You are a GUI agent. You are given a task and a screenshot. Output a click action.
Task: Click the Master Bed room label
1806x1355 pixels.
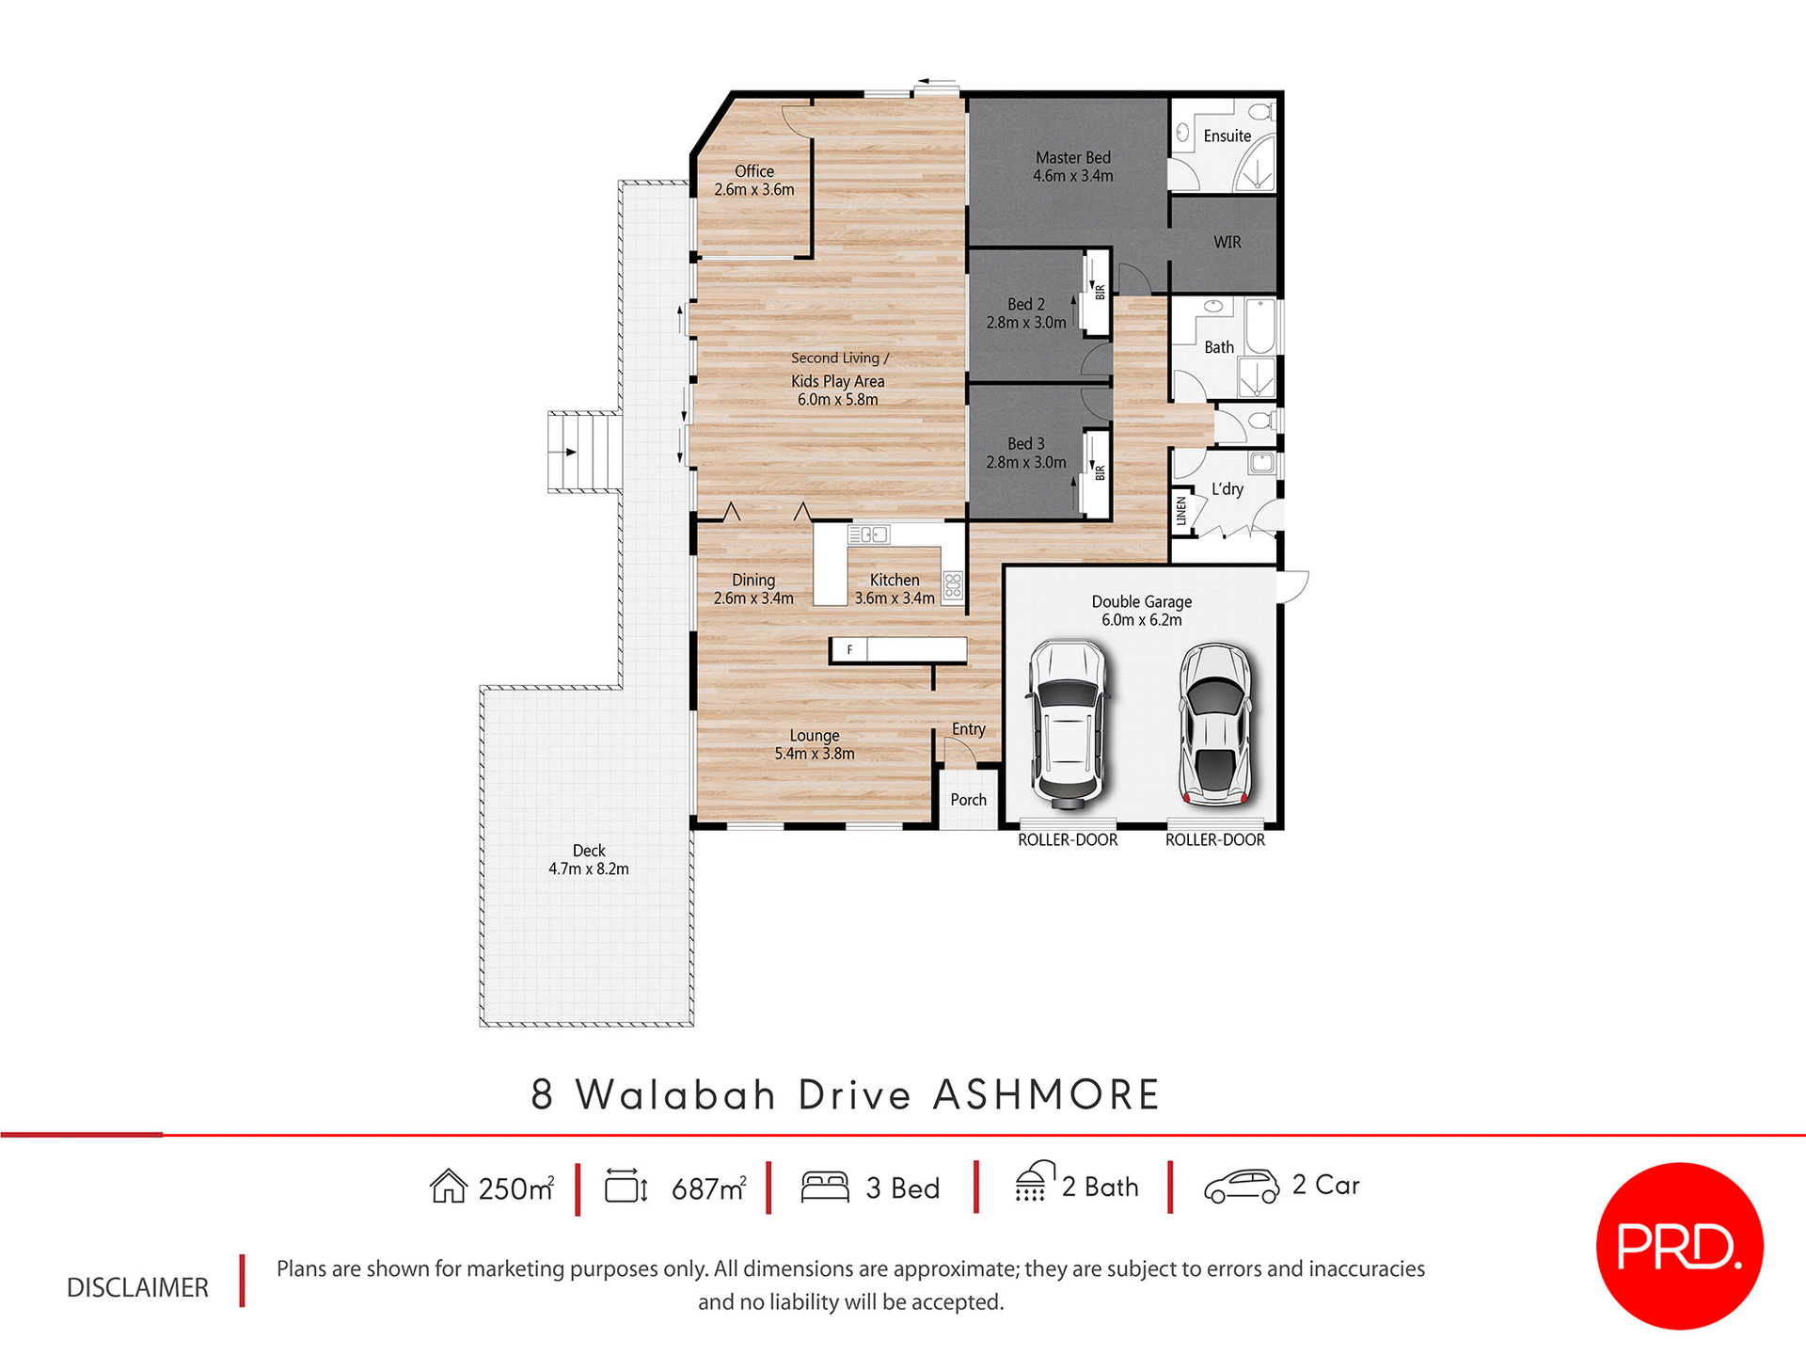(1072, 167)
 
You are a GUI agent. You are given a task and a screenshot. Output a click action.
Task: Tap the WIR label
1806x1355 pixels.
(1227, 242)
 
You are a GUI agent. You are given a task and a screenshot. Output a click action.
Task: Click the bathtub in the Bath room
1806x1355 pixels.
(1259, 326)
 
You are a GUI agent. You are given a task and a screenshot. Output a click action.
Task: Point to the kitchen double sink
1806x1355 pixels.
(868, 534)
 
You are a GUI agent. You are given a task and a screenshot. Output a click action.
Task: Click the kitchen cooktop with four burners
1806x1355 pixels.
(953, 586)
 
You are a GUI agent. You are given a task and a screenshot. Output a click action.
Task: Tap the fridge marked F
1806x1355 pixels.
(849, 649)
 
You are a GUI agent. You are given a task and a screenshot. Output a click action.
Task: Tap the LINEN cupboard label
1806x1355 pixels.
(1181, 512)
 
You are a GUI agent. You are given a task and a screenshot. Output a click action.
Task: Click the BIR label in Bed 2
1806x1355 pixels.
(1099, 292)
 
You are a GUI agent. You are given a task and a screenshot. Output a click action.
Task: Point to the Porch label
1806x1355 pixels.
(968, 800)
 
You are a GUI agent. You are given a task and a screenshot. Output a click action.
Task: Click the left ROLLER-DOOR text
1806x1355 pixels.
(1068, 839)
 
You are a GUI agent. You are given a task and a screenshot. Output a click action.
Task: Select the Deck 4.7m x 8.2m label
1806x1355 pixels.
(589, 859)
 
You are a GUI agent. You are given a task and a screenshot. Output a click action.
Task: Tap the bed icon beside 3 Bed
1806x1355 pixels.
(825, 1187)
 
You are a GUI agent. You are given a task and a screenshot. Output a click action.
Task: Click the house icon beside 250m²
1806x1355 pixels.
(449, 1187)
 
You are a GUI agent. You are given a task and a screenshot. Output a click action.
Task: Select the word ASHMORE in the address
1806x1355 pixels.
(1046, 1095)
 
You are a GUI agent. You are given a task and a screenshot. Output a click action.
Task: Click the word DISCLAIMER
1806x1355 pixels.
(137, 1287)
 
